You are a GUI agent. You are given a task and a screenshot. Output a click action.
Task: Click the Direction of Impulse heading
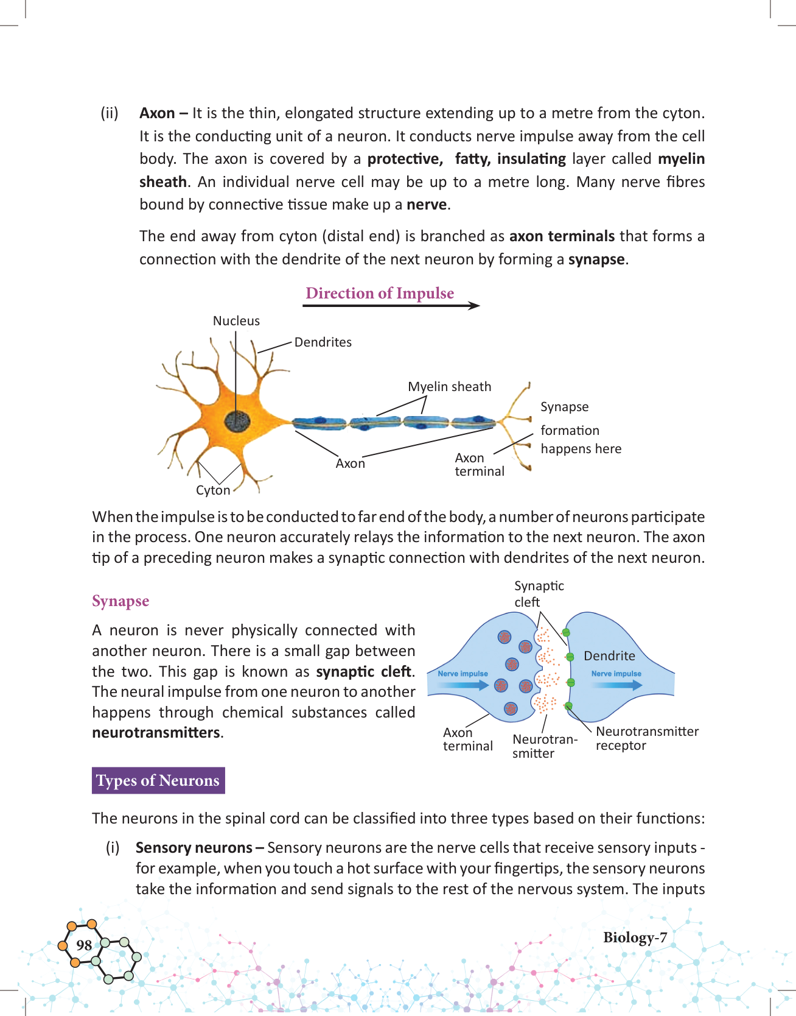[x=380, y=293]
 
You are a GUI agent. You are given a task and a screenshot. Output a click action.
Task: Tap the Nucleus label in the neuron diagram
[x=236, y=321]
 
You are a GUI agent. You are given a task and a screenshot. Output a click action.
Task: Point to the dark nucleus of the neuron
[x=237, y=420]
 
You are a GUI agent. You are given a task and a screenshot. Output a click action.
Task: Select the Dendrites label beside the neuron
[x=323, y=342]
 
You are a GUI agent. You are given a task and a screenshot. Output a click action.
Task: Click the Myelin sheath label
[x=449, y=387]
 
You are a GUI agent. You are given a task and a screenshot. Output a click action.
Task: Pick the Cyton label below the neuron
[x=213, y=490]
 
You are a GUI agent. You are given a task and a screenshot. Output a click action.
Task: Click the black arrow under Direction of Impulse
[x=391, y=306]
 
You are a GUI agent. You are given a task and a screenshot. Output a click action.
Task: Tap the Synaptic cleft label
[x=539, y=594]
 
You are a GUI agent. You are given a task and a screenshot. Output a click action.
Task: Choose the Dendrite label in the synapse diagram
[x=609, y=656]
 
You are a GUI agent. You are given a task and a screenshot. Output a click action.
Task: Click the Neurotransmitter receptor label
[x=647, y=738]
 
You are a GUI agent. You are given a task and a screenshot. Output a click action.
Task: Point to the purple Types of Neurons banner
[x=158, y=780]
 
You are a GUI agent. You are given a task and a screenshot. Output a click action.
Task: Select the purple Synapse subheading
[x=120, y=601]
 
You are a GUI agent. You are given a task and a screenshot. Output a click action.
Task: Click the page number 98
[x=84, y=945]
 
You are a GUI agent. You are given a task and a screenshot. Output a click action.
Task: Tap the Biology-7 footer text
[x=635, y=937]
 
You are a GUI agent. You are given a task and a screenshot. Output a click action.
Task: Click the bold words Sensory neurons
[x=194, y=848]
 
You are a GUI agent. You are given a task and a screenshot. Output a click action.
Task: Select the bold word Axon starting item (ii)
[x=157, y=113]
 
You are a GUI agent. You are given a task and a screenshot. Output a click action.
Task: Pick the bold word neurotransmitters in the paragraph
[x=155, y=733]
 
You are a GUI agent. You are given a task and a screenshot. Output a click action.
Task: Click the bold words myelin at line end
[x=681, y=159]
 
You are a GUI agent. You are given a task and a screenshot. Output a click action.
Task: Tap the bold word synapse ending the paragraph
[x=596, y=259]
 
